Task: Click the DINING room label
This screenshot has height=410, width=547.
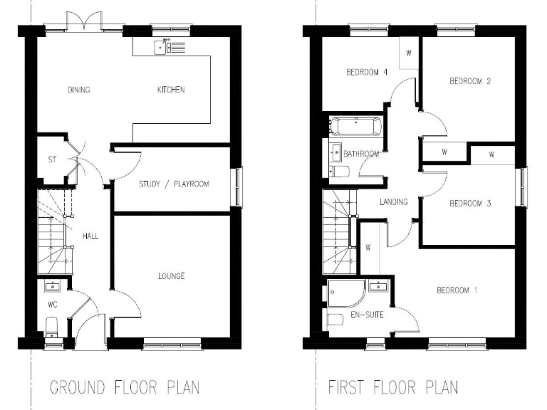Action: coord(79,90)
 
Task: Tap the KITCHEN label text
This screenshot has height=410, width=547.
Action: coord(171,90)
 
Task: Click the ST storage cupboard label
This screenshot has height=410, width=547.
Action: coord(52,159)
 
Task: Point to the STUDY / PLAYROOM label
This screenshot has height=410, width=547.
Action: coord(173,184)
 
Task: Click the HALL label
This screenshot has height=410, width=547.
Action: coord(90,236)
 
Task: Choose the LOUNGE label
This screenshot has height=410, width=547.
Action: coord(172,275)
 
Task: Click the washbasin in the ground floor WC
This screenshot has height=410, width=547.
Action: coord(51,287)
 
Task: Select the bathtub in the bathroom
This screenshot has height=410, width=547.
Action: coord(355,128)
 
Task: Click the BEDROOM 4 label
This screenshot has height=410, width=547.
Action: coord(367,72)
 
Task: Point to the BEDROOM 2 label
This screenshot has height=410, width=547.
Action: coord(470,81)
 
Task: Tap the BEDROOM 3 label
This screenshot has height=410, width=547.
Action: coord(470,203)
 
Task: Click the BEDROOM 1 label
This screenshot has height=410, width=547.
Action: coord(457,290)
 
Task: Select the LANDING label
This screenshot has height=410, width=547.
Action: coord(394,202)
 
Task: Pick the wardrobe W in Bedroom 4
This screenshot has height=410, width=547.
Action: coord(409,53)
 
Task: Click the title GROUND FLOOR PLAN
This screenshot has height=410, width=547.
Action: coord(125,388)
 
